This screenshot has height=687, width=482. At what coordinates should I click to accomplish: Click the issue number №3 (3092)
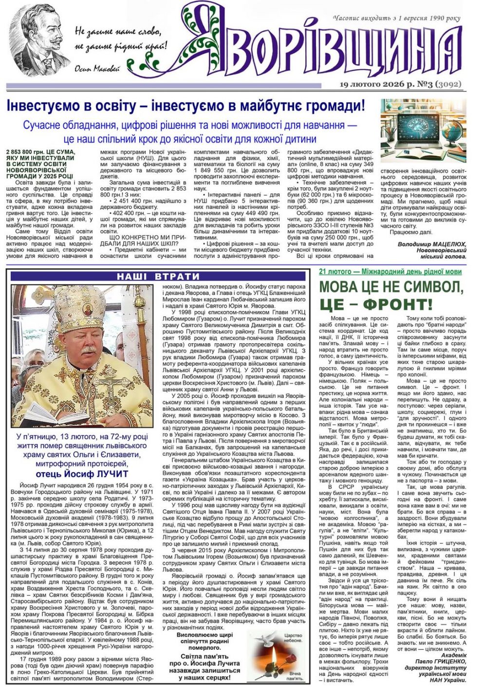pyautogui.click(x=435, y=84)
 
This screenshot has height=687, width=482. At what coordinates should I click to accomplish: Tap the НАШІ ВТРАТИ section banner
pyautogui.click(x=158, y=277)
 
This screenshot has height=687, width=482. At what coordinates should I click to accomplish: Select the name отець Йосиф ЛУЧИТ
pyautogui.click(x=82, y=474)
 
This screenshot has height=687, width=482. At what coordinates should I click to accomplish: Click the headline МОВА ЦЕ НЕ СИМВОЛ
pyautogui.click(x=390, y=286)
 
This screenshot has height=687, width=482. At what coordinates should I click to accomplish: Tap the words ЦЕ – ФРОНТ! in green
pyautogui.click(x=376, y=305)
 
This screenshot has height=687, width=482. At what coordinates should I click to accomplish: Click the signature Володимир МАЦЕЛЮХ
pyautogui.click(x=432, y=244)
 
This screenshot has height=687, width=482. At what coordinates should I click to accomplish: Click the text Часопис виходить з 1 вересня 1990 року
pyautogui.click(x=396, y=19)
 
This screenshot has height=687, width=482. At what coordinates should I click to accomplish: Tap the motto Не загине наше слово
pyautogui.click(x=117, y=33)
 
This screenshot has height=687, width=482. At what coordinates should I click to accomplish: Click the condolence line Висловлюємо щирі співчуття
pyautogui.click(x=204, y=636)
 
